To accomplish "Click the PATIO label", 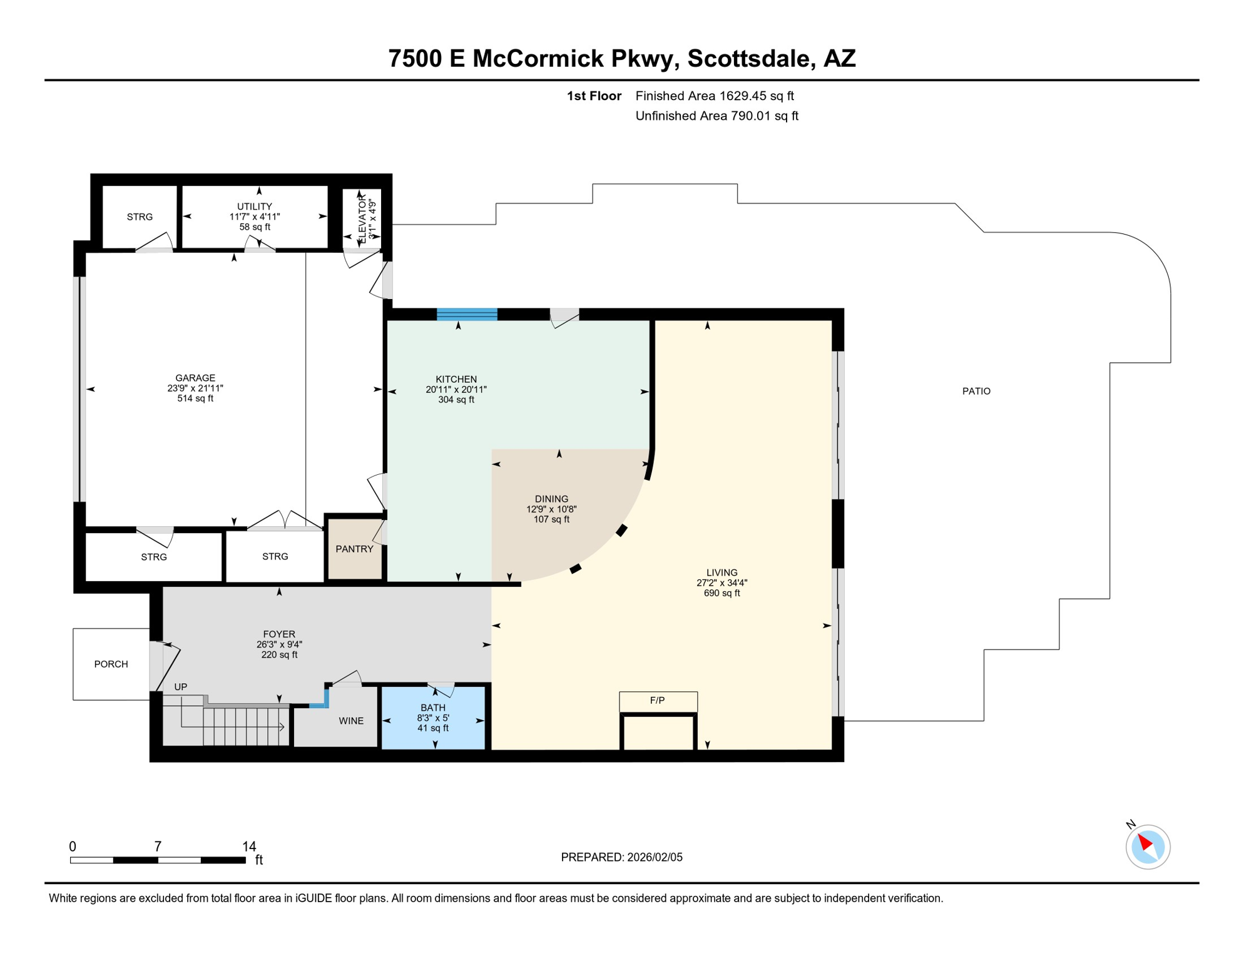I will point(976,391).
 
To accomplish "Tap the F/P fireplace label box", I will point(658,701).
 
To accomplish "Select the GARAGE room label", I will point(195,378).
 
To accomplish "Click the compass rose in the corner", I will point(1148,847).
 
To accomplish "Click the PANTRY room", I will point(354,549).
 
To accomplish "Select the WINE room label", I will point(351,721).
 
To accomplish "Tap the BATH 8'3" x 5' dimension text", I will point(433,718).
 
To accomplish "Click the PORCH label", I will point(111,664).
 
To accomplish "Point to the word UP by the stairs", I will point(180,686).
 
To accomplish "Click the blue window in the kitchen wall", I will point(467,314).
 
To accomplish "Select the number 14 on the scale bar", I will point(249,847).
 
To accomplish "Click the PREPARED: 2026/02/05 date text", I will point(621,857).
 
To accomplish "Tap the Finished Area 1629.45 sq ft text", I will point(714,96).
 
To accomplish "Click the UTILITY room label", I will point(254,206).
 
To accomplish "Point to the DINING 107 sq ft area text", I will point(551,519).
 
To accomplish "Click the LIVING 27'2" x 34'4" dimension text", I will point(721,582).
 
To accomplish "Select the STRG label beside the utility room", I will point(140,217).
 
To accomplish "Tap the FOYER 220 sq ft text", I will point(279,654).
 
